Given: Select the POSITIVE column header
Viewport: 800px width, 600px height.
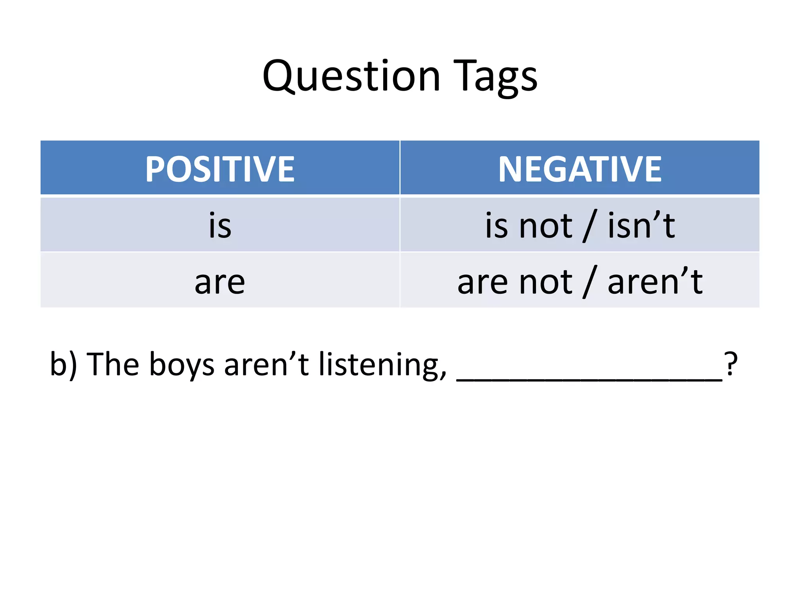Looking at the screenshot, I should [x=220, y=169].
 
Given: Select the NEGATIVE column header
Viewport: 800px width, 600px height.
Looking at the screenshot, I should [x=580, y=169].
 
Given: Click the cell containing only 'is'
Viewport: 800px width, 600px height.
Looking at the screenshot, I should [x=220, y=225].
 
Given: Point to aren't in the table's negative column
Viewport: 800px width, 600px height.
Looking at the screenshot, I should [x=655, y=282].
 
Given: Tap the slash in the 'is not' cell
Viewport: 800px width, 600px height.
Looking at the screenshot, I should [x=590, y=227].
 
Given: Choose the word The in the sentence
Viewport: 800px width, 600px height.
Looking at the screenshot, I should [x=112, y=364].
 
